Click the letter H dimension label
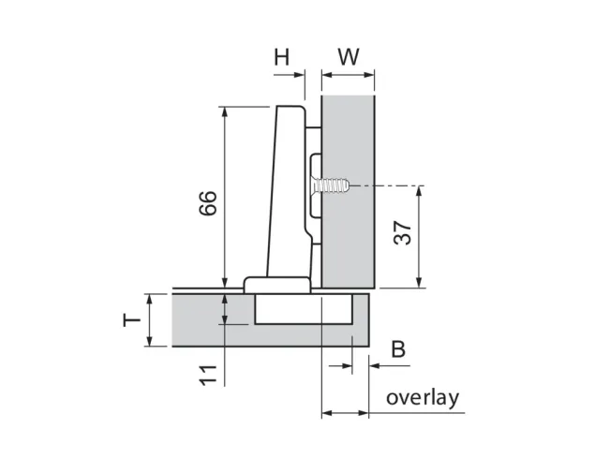coord(282,57)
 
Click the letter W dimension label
coord(349,57)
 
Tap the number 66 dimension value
coord(208,203)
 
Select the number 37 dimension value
coord(403,233)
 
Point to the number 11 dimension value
coord(208,376)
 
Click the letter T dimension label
coord(132,321)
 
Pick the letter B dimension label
coord(398,349)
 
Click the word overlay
coord(423,399)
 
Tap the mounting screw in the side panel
coord(330,185)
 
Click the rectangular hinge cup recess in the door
coord(304,309)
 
